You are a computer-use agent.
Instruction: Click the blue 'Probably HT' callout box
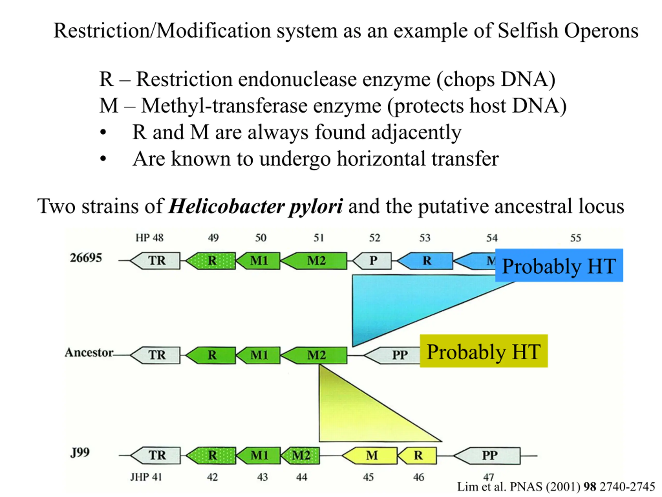point(559,265)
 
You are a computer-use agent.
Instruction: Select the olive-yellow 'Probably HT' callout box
point(484,351)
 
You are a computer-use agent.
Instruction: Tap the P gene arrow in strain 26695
point(372,261)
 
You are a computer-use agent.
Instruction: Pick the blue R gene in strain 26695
point(425,261)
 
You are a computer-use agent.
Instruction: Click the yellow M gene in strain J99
point(370,456)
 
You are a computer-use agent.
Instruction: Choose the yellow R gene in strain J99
point(417,456)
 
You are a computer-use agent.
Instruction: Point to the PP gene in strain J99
point(487,456)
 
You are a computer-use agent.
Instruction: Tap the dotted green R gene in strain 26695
point(211,261)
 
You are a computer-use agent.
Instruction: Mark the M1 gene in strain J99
point(258,456)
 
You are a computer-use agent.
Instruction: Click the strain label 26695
point(86,258)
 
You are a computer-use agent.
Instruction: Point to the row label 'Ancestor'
point(89,352)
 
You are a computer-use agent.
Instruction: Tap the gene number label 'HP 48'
point(149,238)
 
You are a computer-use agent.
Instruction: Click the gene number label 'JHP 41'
point(146,477)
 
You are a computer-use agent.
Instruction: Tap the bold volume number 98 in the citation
point(590,487)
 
